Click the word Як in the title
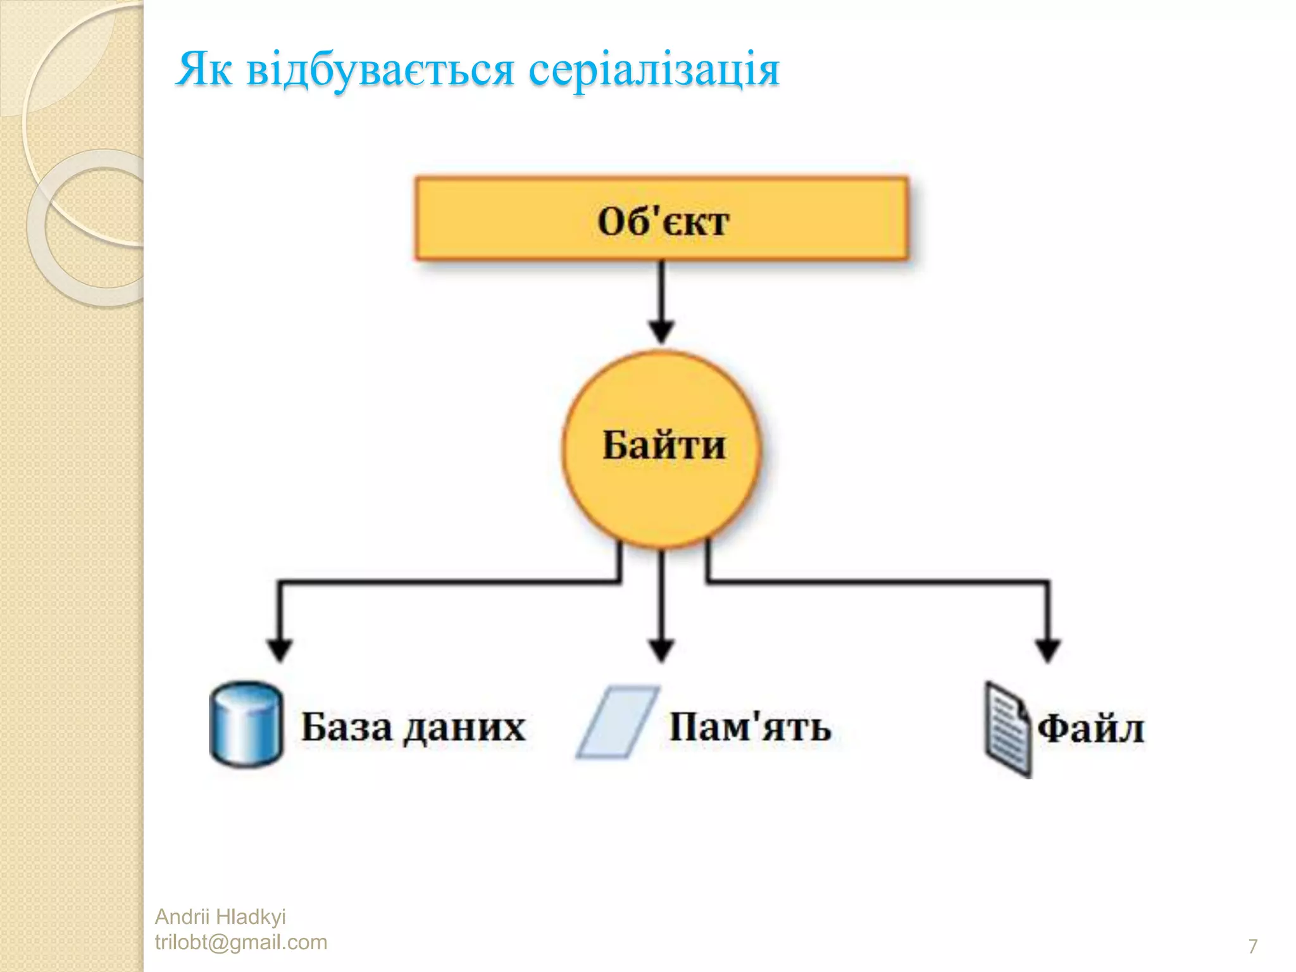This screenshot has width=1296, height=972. [x=204, y=69]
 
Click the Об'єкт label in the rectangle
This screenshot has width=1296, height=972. [x=663, y=221]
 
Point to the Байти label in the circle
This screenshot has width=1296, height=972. [x=663, y=445]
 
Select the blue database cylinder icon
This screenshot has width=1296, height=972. [x=246, y=725]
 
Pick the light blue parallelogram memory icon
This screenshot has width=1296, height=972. [x=617, y=721]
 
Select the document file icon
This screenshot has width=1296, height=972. [x=1007, y=728]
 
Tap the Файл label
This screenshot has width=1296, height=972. [x=1090, y=729]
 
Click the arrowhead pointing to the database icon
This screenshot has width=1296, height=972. [x=280, y=649]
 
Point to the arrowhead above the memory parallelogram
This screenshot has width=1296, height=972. [x=662, y=649]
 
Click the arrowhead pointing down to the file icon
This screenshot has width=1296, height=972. [x=1047, y=649]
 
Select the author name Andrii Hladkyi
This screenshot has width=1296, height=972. [x=220, y=916]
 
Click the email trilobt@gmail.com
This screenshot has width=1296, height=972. [x=241, y=942]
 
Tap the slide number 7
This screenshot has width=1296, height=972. [x=1252, y=946]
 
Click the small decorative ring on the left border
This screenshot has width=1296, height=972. [x=95, y=228]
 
